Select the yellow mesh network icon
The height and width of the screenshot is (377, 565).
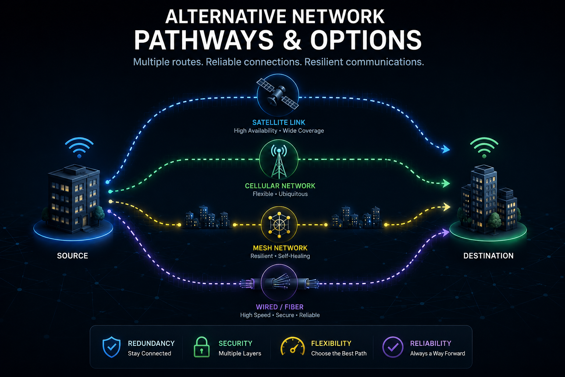tap(279, 225)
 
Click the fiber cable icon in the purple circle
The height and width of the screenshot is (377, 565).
tap(279, 282)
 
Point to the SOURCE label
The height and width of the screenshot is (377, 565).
tap(72, 256)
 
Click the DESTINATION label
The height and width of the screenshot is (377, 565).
tap(488, 256)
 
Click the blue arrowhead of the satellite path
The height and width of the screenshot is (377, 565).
tap(445, 149)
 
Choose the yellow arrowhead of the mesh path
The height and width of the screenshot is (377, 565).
tap(447, 207)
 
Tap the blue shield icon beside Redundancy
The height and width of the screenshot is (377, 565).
tap(111, 347)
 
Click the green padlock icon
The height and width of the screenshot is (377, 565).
tap(202, 347)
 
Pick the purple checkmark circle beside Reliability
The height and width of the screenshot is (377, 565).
tap(393, 347)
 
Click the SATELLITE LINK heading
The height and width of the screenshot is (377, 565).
tap(279, 123)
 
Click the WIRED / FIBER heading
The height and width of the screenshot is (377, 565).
tap(280, 307)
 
